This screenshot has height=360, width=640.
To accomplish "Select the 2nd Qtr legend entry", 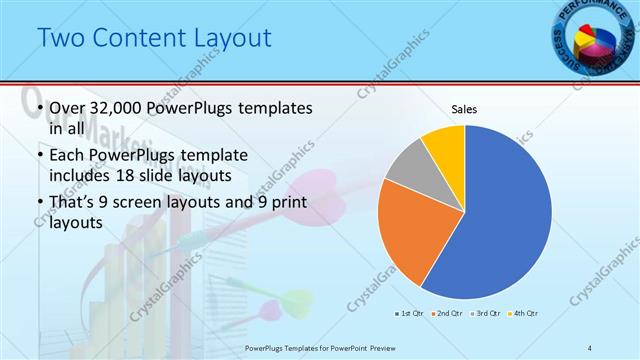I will [x=448, y=314].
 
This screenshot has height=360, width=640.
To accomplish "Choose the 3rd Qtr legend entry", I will [x=485, y=314].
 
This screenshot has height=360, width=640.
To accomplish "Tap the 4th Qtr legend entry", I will [x=523, y=314].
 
